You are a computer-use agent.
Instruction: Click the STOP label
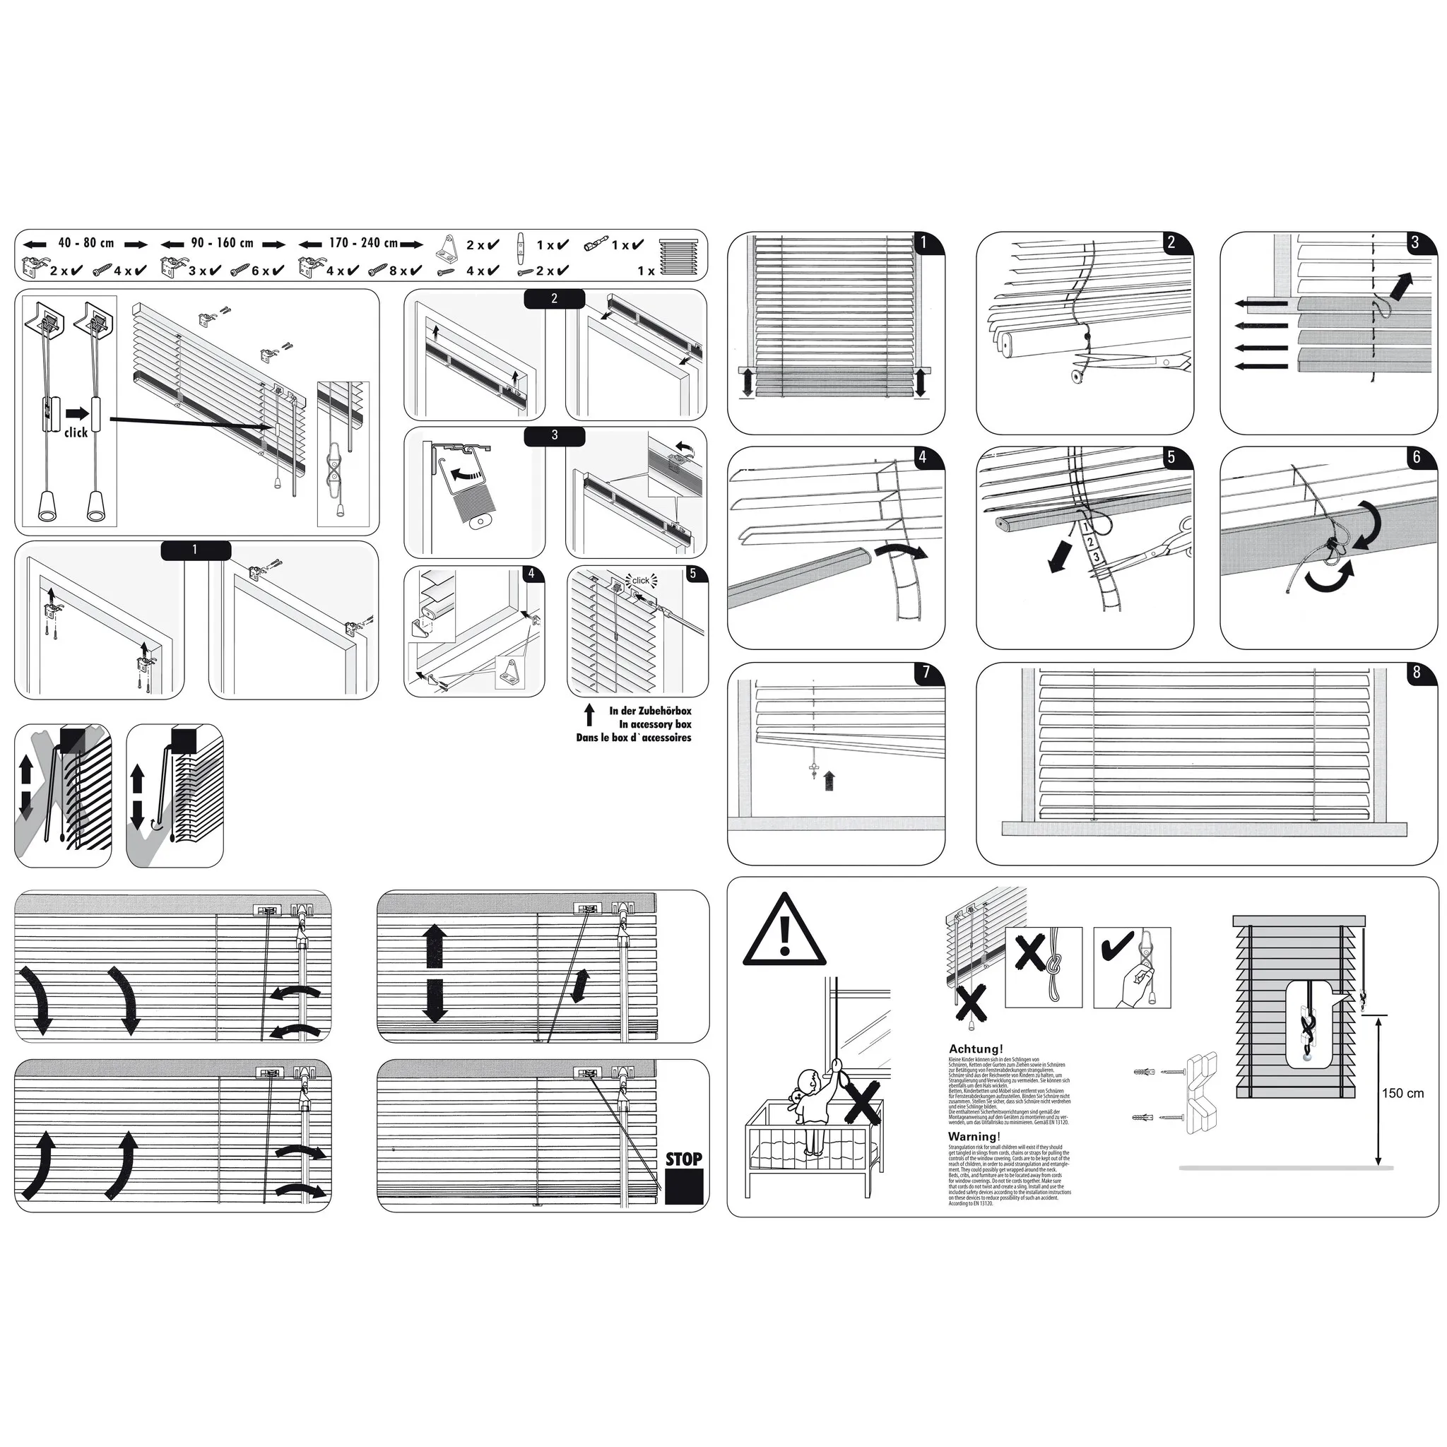(683, 1159)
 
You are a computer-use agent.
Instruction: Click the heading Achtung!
(975, 1049)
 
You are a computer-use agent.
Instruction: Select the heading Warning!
(974, 1136)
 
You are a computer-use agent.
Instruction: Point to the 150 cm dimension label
(1402, 1094)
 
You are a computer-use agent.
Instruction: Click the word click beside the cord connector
(76, 433)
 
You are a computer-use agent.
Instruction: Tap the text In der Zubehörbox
(649, 711)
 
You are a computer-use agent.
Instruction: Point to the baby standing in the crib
(813, 1101)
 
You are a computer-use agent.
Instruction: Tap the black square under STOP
(684, 1187)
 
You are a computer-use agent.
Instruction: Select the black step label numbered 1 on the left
(196, 550)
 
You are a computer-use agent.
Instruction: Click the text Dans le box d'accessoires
(633, 738)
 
